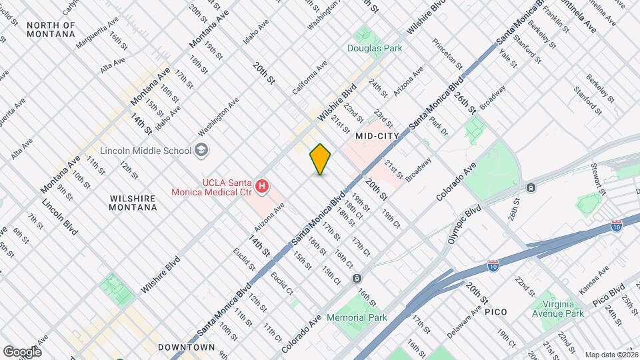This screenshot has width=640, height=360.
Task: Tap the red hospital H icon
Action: tap(262, 186)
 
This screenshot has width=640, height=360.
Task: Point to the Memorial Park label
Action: tap(357, 318)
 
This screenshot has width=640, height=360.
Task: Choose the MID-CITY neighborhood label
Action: tap(377, 136)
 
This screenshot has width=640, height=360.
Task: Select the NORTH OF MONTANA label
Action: tap(51, 30)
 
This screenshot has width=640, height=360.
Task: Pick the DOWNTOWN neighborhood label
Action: tap(187, 347)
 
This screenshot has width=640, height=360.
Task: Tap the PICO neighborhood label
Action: tap(496, 311)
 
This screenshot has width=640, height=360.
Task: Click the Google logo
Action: tap(22, 351)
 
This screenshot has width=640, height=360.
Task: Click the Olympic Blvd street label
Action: tap(465, 225)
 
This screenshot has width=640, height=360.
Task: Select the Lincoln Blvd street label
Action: tap(60, 217)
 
